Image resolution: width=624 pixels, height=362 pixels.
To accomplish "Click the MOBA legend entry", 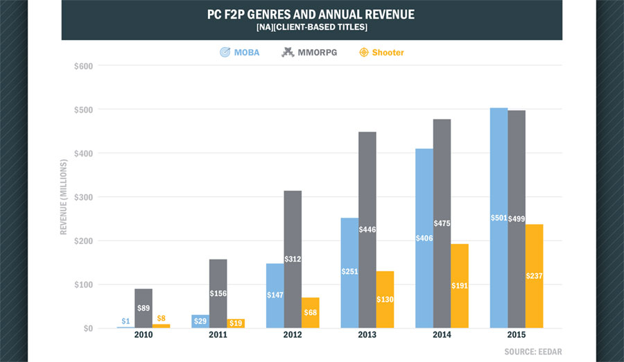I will tap(239, 52).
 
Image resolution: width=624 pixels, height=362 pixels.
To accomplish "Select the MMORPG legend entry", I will tap(310, 52).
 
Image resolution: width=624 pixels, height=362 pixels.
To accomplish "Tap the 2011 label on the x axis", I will tap(218, 335).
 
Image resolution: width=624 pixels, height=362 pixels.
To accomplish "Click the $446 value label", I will tap(368, 230).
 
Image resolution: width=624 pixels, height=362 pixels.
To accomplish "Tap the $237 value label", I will tap(534, 276).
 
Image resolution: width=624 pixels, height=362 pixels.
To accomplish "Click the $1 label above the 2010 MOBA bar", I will tap(126, 321).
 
